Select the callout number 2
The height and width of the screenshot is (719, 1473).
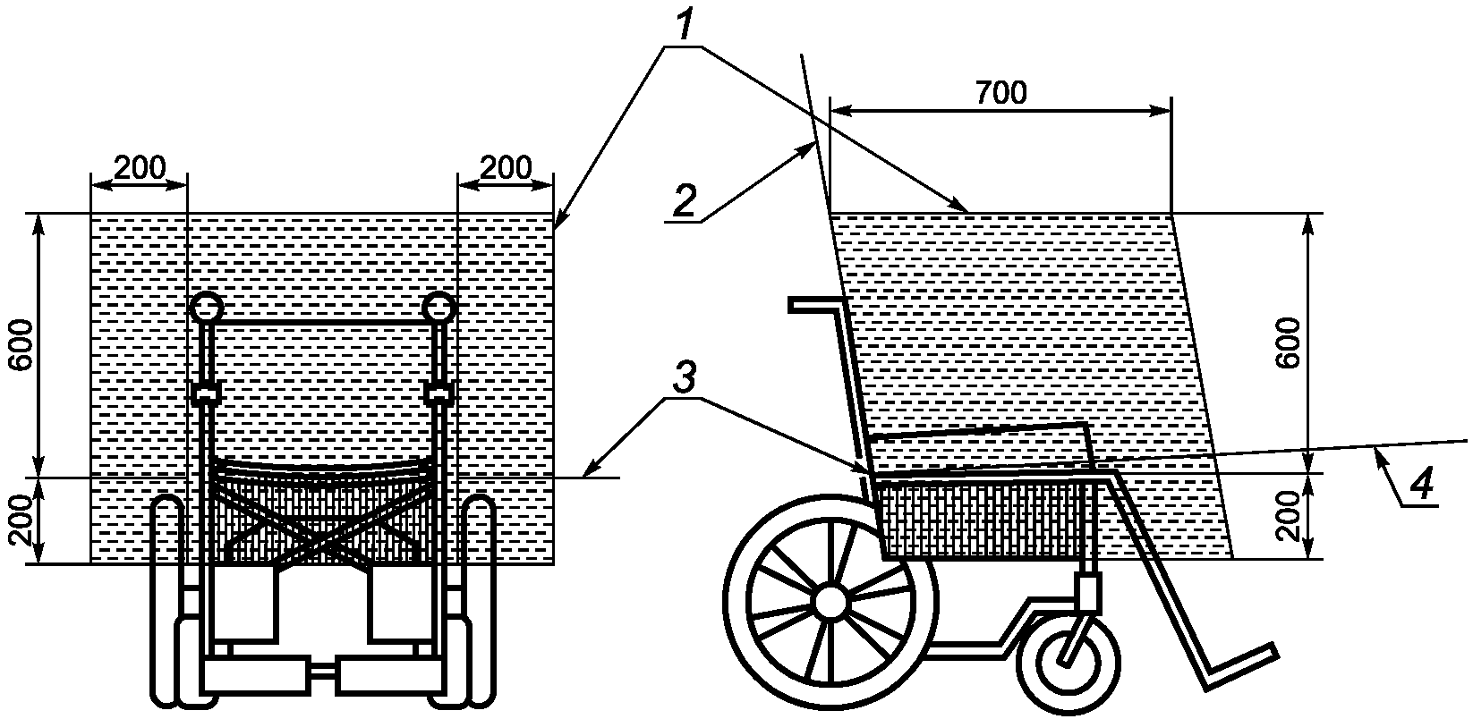coord(683,201)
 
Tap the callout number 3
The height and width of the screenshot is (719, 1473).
coord(683,380)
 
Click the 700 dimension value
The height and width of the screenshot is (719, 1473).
coord(1000,93)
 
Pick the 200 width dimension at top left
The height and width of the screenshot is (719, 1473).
coord(140,167)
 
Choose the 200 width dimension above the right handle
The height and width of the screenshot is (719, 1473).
coord(506,167)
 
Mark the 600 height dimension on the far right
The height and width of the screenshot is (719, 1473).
coord(1290,344)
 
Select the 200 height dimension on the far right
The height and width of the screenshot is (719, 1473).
coord(1290,517)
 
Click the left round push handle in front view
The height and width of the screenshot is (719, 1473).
coord(207,308)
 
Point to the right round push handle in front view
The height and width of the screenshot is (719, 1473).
coord(439,308)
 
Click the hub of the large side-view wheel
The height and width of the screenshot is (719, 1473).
coord(831,600)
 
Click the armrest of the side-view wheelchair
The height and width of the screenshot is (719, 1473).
coord(980,430)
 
